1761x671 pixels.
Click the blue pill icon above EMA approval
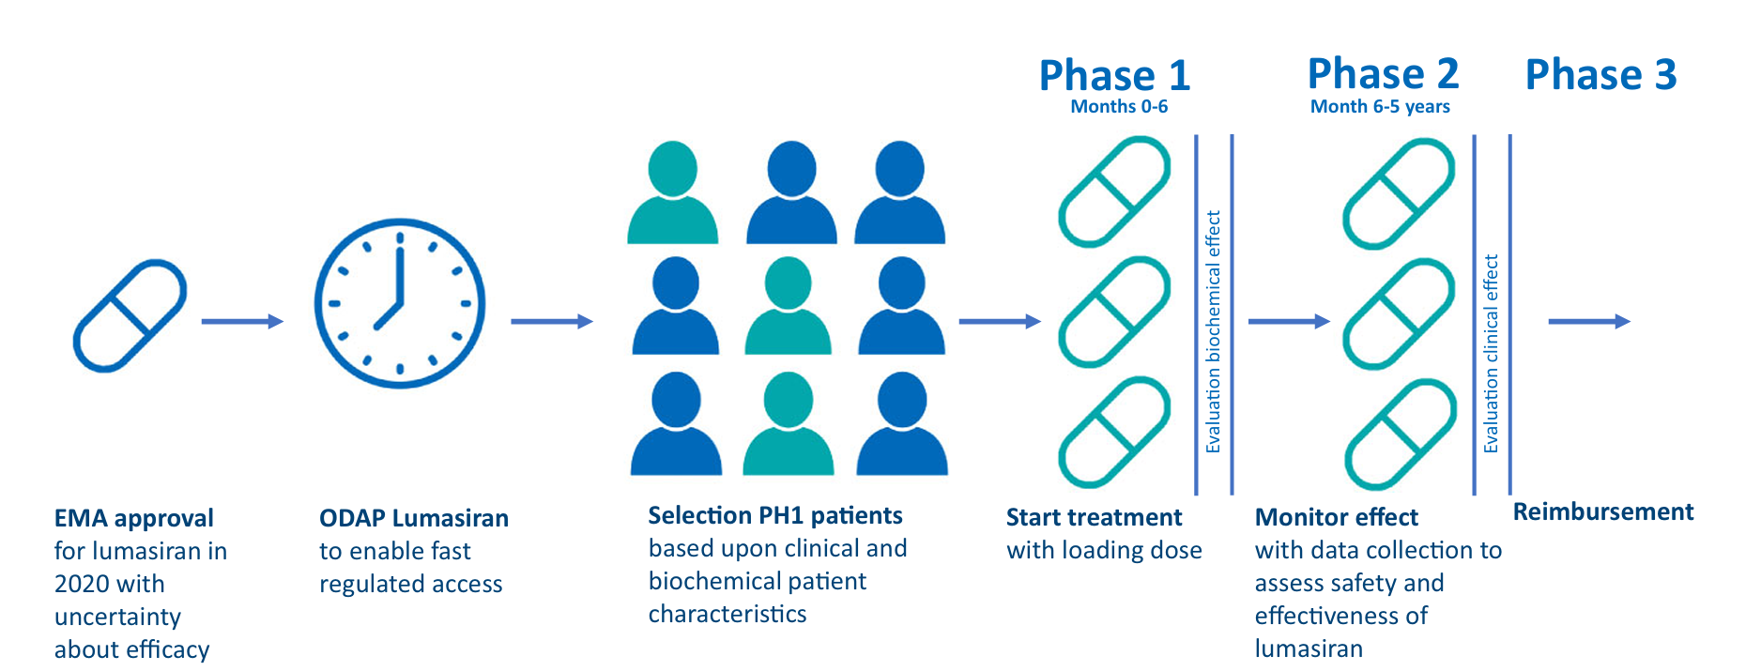(x=130, y=316)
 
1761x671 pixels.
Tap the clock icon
(x=400, y=303)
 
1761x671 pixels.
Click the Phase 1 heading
(x=1114, y=75)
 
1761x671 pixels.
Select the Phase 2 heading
(x=1383, y=73)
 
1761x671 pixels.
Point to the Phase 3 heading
(x=1600, y=74)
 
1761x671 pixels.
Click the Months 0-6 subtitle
(x=1119, y=107)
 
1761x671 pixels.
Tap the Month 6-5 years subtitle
(x=1380, y=107)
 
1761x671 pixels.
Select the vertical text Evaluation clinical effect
(x=1491, y=354)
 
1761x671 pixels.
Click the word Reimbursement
(x=1603, y=511)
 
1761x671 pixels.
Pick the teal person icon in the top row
(x=672, y=192)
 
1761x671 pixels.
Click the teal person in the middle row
(x=788, y=306)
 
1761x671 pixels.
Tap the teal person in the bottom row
(x=788, y=423)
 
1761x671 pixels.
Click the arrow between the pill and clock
(x=241, y=322)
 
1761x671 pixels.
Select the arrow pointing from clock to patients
(x=551, y=322)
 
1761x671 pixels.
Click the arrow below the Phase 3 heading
(x=1588, y=322)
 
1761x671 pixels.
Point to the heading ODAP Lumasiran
(x=414, y=518)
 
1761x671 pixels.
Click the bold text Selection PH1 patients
(x=774, y=515)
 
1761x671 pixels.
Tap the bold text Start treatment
(x=1094, y=517)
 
